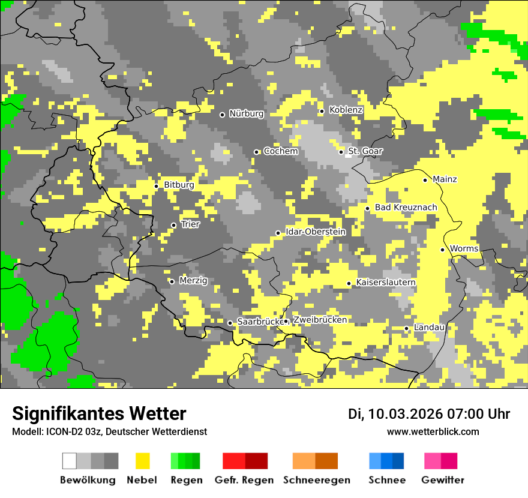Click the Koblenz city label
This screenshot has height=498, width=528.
346,110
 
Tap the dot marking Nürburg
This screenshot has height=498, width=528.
222,115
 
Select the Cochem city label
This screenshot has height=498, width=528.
281,151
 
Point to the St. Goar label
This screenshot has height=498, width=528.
365,151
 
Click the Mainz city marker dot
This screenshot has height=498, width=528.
425,180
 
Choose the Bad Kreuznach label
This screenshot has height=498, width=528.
406,208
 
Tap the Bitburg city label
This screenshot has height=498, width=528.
179,185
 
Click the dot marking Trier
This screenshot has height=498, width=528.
173,226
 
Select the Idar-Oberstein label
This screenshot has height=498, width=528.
315,232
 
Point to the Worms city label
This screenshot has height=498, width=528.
464,249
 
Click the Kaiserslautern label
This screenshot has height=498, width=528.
386,283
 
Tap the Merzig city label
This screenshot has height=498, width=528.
193,281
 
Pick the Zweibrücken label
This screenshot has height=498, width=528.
320,320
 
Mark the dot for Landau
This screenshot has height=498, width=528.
406,328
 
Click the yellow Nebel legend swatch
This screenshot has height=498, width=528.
143,461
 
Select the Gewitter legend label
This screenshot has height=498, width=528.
442,480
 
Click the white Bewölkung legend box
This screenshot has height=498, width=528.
70,461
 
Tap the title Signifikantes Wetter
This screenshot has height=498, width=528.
99,414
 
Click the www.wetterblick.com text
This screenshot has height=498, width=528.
433,432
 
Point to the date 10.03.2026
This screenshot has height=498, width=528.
405,414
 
